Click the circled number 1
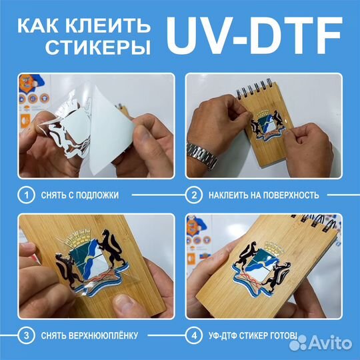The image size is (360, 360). click(x=26, y=195)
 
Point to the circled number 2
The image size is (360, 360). click(x=194, y=195)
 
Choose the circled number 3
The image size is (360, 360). click(x=26, y=334)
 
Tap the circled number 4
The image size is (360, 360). click(x=194, y=334)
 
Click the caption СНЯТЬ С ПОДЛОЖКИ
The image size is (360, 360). click(x=79, y=195)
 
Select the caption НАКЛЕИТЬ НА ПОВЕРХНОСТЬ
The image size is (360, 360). click(x=264, y=195)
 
